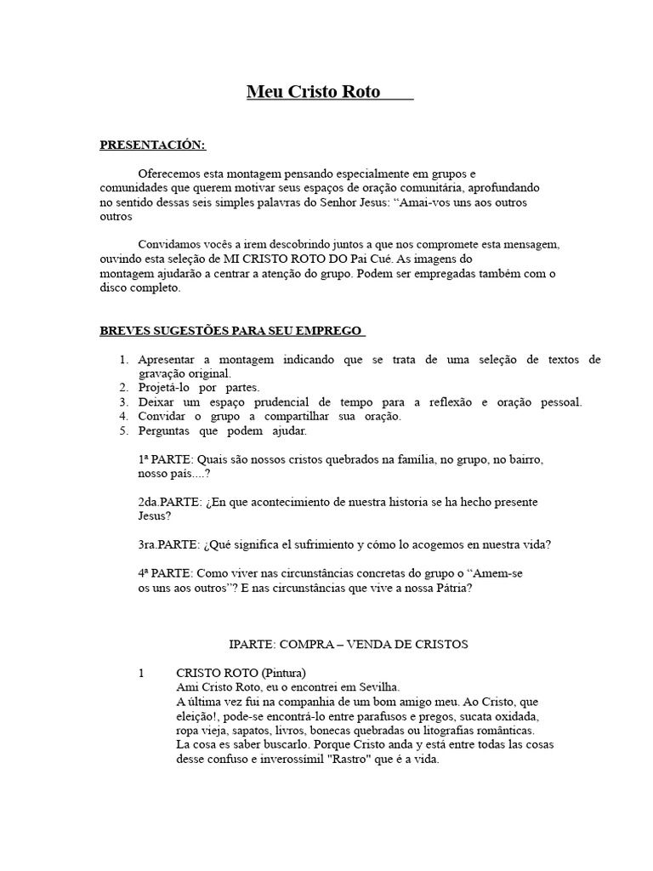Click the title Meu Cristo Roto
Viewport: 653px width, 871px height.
(314, 92)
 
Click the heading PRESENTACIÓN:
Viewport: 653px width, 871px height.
(153, 145)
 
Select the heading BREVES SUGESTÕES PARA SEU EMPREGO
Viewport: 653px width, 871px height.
(232, 330)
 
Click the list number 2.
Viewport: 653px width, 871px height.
(123, 388)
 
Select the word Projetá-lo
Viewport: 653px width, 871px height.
(165, 388)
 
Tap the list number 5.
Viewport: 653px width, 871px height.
(123, 430)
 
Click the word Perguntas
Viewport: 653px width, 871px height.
(165, 430)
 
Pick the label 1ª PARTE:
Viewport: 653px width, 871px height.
(169, 459)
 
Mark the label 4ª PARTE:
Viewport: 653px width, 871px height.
(169, 573)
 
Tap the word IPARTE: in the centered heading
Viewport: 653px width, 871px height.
(253, 645)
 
